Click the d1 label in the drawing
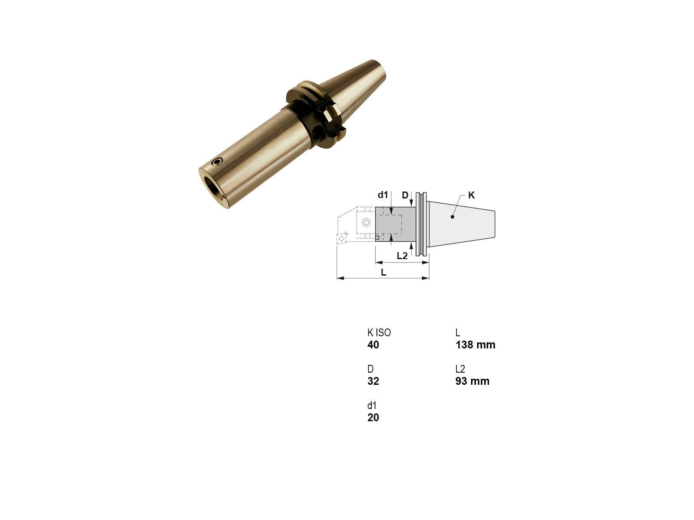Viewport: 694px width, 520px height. pyautogui.click(x=383, y=195)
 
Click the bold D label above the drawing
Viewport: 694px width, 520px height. pyautogui.click(x=405, y=195)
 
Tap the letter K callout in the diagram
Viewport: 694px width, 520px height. pyautogui.click(x=471, y=195)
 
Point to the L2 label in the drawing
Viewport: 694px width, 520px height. pyautogui.click(x=402, y=256)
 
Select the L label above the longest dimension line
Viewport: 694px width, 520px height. pyautogui.click(x=383, y=272)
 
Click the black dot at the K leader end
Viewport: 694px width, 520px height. pyautogui.click(x=452, y=217)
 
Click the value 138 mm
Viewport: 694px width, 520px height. pyautogui.click(x=475, y=345)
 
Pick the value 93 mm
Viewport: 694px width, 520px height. pyautogui.click(x=472, y=381)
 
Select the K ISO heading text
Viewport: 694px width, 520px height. pyautogui.click(x=379, y=333)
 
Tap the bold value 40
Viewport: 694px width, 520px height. pyautogui.click(x=373, y=345)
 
